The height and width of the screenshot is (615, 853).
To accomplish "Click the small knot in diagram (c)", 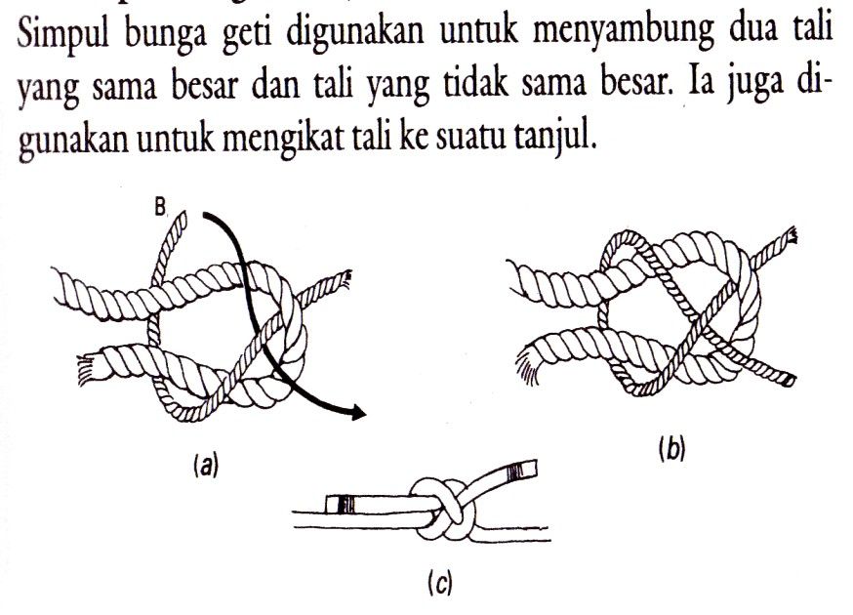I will [x=444, y=506].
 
